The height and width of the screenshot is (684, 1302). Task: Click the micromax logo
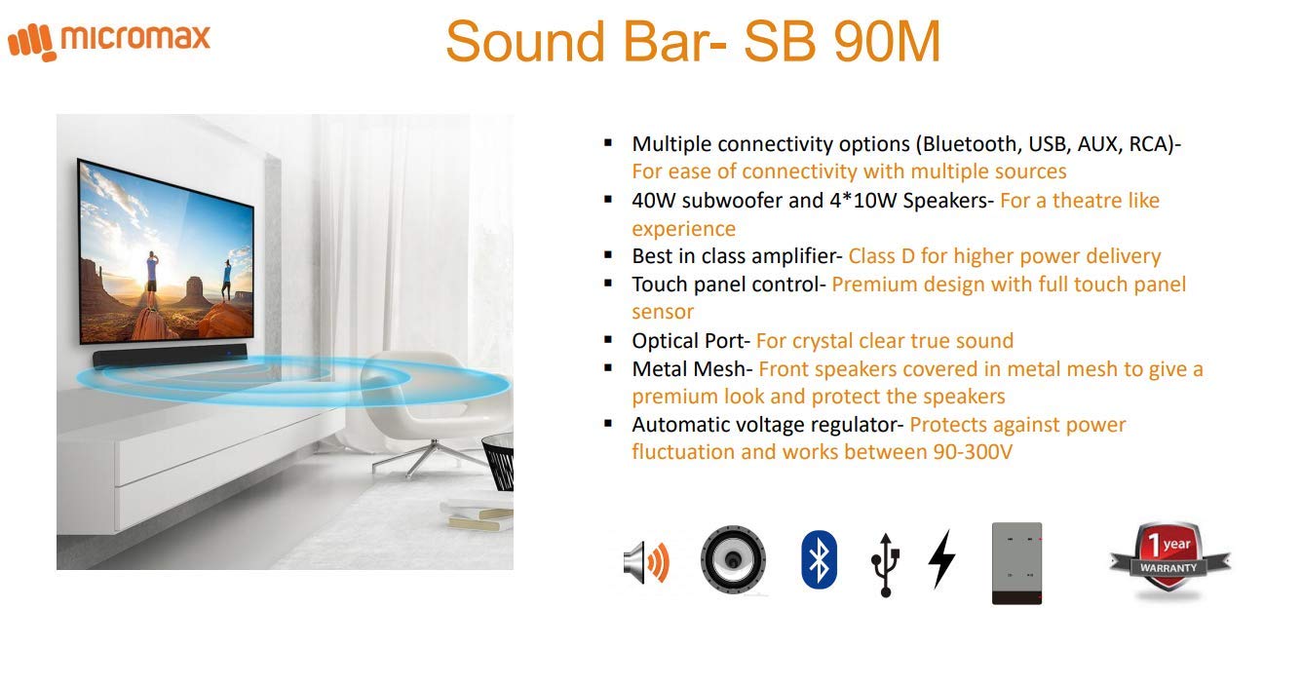click(109, 40)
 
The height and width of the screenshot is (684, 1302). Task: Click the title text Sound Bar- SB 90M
click(693, 42)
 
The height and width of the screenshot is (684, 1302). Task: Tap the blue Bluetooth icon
click(819, 559)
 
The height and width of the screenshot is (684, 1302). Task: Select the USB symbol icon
click(884, 563)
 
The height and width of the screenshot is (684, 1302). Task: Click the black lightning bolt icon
click(940, 558)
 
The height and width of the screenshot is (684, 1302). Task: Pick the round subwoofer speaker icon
click(733, 560)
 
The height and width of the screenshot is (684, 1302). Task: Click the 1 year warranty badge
click(1169, 560)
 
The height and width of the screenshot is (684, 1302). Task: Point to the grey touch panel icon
click(1016, 563)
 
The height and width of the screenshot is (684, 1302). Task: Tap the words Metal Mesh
click(691, 369)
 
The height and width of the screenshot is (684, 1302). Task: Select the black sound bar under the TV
click(171, 359)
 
